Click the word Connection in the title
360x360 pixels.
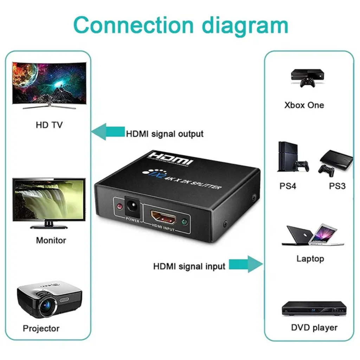click(134, 25)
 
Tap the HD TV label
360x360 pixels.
click(49, 125)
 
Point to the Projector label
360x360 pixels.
click(41, 328)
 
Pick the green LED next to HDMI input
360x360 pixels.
click(184, 222)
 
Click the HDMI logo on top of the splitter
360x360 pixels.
click(170, 159)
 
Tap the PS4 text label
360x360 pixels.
click(288, 186)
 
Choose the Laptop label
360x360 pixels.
click(310, 259)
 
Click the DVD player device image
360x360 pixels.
click(314, 308)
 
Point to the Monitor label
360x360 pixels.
click(51, 240)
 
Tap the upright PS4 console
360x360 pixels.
click(288, 156)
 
